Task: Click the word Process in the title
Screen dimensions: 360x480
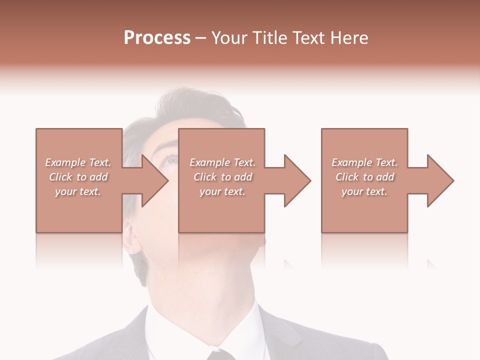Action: [157, 38]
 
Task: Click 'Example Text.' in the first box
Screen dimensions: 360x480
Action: [78, 162]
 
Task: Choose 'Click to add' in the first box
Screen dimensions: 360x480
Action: [78, 177]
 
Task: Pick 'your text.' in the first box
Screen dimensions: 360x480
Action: [78, 191]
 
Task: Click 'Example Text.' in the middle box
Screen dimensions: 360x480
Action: [222, 162]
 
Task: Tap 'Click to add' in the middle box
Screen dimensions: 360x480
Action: [222, 177]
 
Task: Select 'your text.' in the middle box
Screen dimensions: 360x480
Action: [222, 191]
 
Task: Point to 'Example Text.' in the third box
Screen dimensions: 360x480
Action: [364, 162]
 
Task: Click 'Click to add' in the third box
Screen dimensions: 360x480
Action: [364, 177]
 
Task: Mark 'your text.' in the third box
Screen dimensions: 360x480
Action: [364, 191]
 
